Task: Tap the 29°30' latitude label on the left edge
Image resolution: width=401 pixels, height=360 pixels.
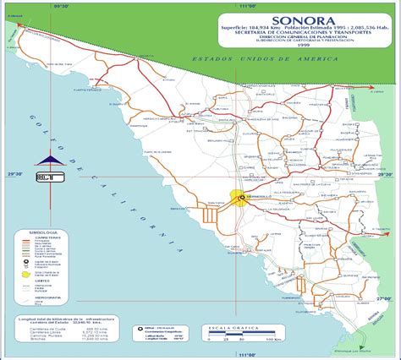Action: [13, 172]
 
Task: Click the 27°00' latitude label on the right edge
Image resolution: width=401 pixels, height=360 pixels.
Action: [386, 297]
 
